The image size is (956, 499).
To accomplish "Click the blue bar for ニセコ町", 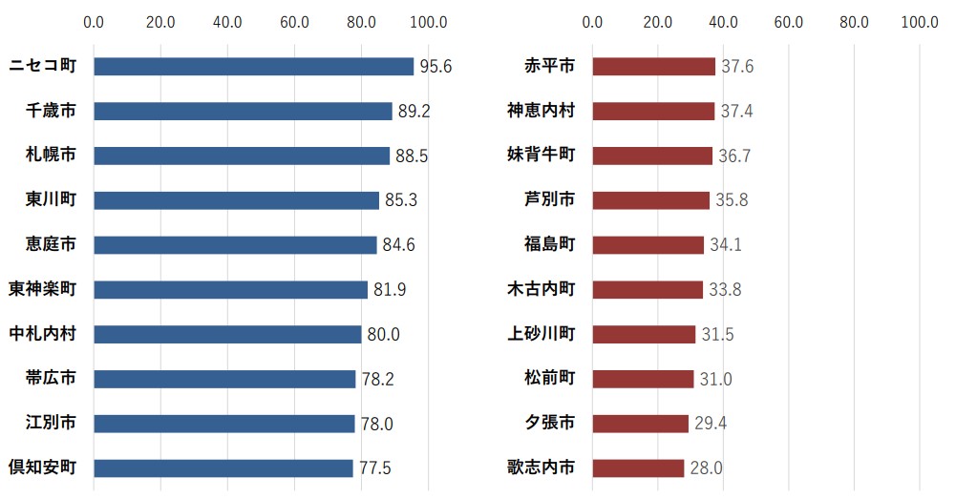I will click(x=253, y=66).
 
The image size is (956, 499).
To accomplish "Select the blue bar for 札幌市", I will click(x=242, y=156).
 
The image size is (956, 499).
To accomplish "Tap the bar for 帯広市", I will click(x=224, y=379).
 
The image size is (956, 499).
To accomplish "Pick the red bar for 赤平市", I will click(x=653, y=66).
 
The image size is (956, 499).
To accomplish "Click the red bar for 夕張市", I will click(x=640, y=424).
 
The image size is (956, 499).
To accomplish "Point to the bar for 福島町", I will click(x=648, y=245).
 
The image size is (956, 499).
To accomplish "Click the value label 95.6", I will click(x=436, y=67).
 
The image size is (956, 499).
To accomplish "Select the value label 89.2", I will click(x=414, y=112).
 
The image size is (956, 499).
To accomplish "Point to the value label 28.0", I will click(x=706, y=468).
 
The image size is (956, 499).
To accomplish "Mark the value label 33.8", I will click(x=725, y=290).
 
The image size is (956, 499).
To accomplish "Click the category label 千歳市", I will click(x=51, y=111).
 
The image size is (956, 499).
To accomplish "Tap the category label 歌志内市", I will click(x=541, y=468).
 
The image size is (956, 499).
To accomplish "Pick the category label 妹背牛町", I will click(x=541, y=155).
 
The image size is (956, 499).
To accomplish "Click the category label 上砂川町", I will click(x=541, y=334).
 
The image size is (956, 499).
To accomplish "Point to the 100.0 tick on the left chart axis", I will click(x=427, y=21).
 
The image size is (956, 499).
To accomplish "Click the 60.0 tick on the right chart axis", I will click(x=788, y=21).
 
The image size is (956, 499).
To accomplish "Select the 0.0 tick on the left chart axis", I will click(x=94, y=21).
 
